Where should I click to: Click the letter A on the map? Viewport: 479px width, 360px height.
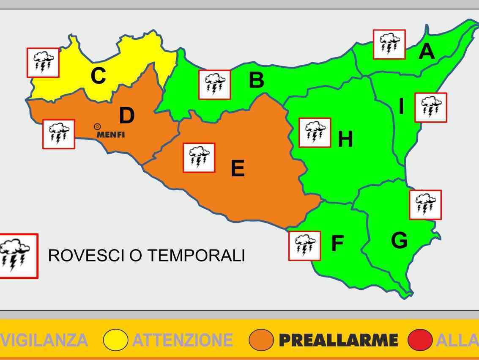click(x=427, y=52)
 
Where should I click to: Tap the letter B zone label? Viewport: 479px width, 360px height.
click(x=256, y=80)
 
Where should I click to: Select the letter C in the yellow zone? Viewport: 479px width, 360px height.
click(x=98, y=77)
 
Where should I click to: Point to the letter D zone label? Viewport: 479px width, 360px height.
click(x=126, y=116)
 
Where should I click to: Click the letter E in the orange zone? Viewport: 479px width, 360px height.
click(x=238, y=169)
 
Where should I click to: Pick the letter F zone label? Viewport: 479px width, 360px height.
click(x=337, y=244)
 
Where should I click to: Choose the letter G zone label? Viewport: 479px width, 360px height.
click(x=399, y=241)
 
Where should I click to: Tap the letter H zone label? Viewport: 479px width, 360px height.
click(x=345, y=139)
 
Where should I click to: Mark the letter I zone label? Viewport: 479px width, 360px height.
click(x=401, y=107)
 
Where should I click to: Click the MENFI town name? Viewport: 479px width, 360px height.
click(x=111, y=135)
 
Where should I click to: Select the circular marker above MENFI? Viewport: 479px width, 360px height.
click(x=97, y=126)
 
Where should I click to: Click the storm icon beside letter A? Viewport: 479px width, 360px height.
click(x=389, y=44)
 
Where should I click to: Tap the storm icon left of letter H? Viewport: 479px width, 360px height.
click(x=315, y=132)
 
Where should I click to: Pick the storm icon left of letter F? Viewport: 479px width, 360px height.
click(x=304, y=245)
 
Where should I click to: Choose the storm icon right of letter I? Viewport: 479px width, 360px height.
click(x=431, y=107)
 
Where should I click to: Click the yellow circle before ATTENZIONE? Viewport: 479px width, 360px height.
click(x=115, y=340)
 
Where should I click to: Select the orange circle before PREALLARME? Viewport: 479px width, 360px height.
click(x=261, y=340)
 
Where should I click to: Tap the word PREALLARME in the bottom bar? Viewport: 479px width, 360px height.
click(x=338, y=340)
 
